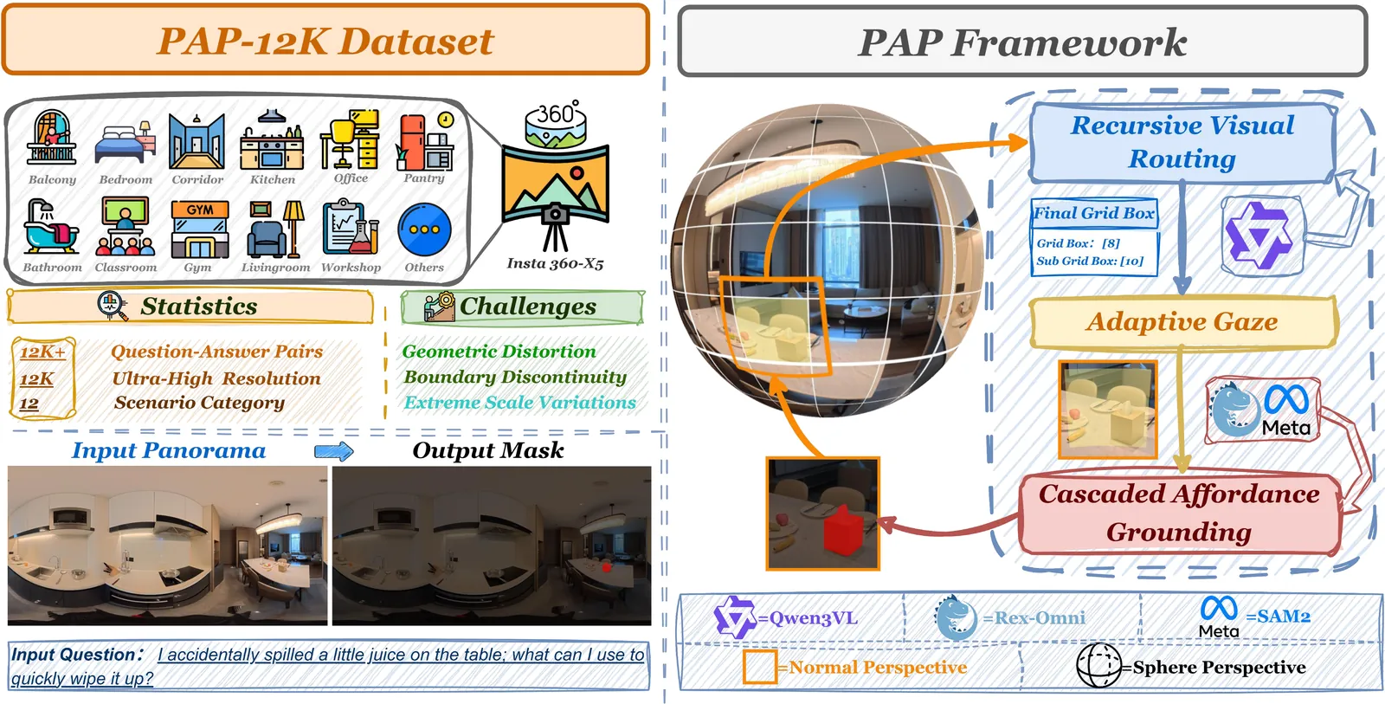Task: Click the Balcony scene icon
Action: coord(52,139)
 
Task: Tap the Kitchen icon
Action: coord(272,140)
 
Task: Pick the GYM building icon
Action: coord(199,229)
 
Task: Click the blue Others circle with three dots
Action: coord(424,230)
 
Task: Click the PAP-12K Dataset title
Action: coord(325,41)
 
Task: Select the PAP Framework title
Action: coord(1021,42)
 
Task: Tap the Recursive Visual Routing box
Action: coord(1182,143)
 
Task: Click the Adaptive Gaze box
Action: coord(1182,322)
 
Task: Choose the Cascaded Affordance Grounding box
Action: coord(1179,513)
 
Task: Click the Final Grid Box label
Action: coord(1094,213)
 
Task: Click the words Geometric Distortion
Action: coord(499,352)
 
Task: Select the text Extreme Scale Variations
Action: coord(519,403)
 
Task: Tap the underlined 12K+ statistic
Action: coord(42,352)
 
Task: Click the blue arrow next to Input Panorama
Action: coord(333,451)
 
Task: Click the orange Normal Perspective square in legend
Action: coord(759,667)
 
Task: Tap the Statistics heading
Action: coord(198,307)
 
